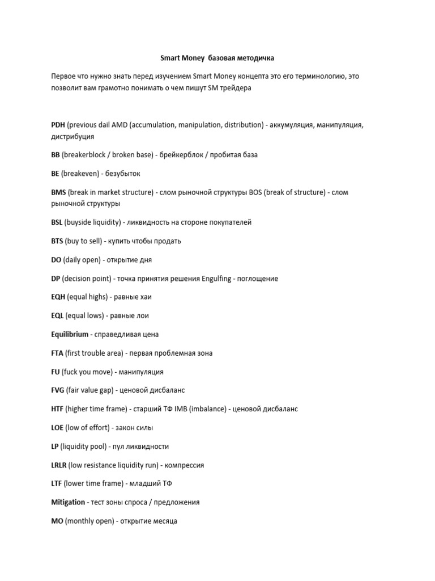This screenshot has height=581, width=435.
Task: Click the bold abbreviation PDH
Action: click(x=58, y=124)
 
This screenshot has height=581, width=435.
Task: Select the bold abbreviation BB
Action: click(x=56, y=155)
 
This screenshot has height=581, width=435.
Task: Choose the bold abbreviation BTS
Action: click(x=57, y=241)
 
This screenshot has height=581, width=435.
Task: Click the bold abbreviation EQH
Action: click(x=58, y=297)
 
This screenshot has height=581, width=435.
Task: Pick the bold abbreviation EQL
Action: click(x=57, y=315)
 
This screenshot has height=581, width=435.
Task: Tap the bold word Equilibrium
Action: click(x=70, y=334)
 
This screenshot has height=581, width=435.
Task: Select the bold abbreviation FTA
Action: click(x=57, y=353)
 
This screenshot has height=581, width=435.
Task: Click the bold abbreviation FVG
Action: click(x=58, y=390)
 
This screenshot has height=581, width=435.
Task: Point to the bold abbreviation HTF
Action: click(x=57, y=409)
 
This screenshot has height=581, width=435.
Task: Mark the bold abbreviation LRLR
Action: click(x=58, y=465)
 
